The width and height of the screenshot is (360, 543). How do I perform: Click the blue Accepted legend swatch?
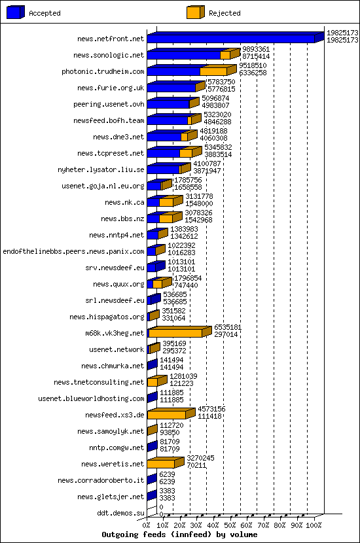pos(16,12)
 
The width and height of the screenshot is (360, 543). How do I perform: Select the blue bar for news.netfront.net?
pos(230,39)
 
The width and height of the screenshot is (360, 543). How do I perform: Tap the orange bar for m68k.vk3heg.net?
pos(175,333)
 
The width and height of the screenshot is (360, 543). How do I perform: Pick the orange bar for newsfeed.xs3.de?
pos(167,415)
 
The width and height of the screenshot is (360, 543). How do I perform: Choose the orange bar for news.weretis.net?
pos(161,464)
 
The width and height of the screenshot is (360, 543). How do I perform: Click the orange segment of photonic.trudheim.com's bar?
pos(213,71)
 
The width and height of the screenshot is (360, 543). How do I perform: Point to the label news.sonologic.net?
pos(108,56)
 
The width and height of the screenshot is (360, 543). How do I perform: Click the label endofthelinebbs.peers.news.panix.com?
pos(73,251)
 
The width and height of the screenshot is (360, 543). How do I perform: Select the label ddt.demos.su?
pos(120,513)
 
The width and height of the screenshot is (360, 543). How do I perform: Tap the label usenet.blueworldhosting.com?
pos(91,398)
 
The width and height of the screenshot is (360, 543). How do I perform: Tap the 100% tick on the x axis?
pos(314,525)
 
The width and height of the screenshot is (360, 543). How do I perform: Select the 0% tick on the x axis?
pos(147,525)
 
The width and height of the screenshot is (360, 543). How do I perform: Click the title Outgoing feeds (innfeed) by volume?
pos(179,534)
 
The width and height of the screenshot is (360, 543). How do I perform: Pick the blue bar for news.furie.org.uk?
pos(171,88)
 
